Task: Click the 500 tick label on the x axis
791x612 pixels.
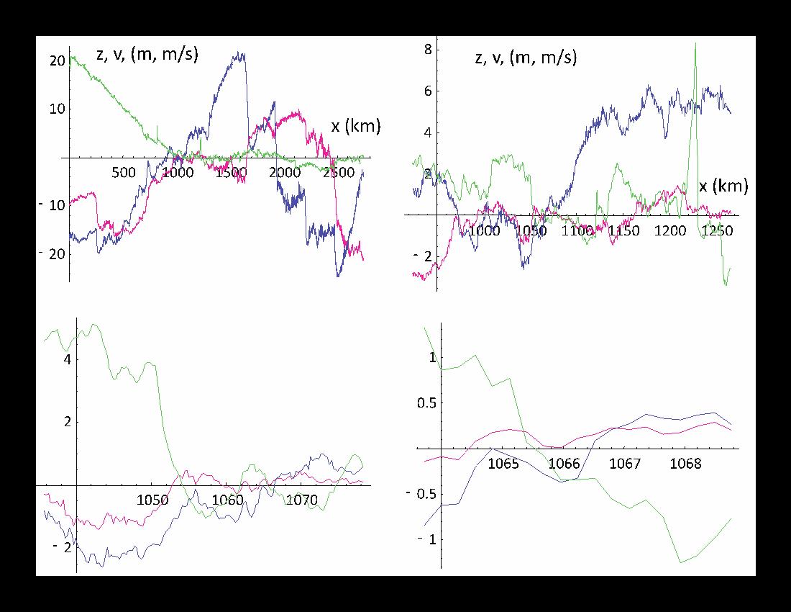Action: tap(124, 173)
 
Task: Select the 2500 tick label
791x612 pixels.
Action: tap(339, 173)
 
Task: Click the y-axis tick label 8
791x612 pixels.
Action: tap(427, 49)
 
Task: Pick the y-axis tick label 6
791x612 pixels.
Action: tap(427, 91)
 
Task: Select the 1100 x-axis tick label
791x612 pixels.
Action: tap(577, 231)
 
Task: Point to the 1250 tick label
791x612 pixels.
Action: tap(717, 231)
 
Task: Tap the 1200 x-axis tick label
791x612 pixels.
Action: tap(670, 231)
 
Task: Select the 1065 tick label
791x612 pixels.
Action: tap(503, 463)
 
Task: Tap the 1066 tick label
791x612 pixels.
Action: tap(564, 463)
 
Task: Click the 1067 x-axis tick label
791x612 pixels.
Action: tap(625, 463)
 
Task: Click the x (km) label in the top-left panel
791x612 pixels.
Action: tap(355, 127)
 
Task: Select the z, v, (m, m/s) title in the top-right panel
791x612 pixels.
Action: tap(526, 58)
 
